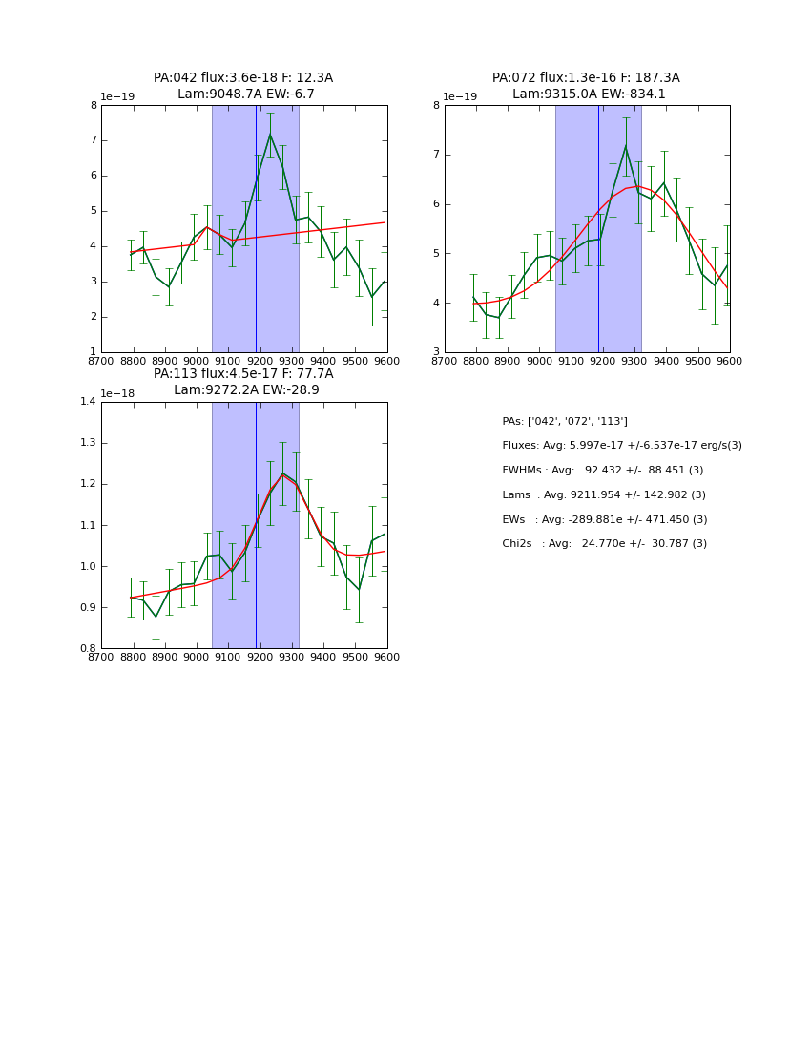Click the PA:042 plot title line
pyautogui.click(x=243, y=78)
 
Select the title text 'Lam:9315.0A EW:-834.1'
pyautogui.click(x=589, y=94)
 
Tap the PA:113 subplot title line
pyautogui.click(x=243, y=374)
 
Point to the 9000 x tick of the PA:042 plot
pyautogui.click(x=197, y=360)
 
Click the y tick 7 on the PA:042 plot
pyautogui.click(x=94, y=140)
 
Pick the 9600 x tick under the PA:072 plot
pyautogui.click(x=730, y=360)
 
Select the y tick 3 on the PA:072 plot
pyautogui.click(x=436, y=352)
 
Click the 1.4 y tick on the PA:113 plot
pyautogui.click(x=88, y=402)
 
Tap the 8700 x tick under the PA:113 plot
pyautogui.click(x=101, y=656)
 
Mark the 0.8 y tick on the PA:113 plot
pyautogui.click(x=88, y=648)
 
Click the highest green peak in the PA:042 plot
pyautogui.click(x=270, y=135)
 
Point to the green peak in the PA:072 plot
pyautogui.click(x=626, y=145)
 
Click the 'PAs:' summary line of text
pyautogui.click(x=565, y=421)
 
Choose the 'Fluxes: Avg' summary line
pyautogui.click(x=622, y=446)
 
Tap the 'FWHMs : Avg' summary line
pyautogui.click(x=603, y=471)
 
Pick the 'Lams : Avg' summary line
pyautogui.click(x=604, y=494)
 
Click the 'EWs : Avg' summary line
pyautogui.click(x=605, y=519)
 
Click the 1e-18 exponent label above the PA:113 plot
pyautogui.click(x=117, y=393)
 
